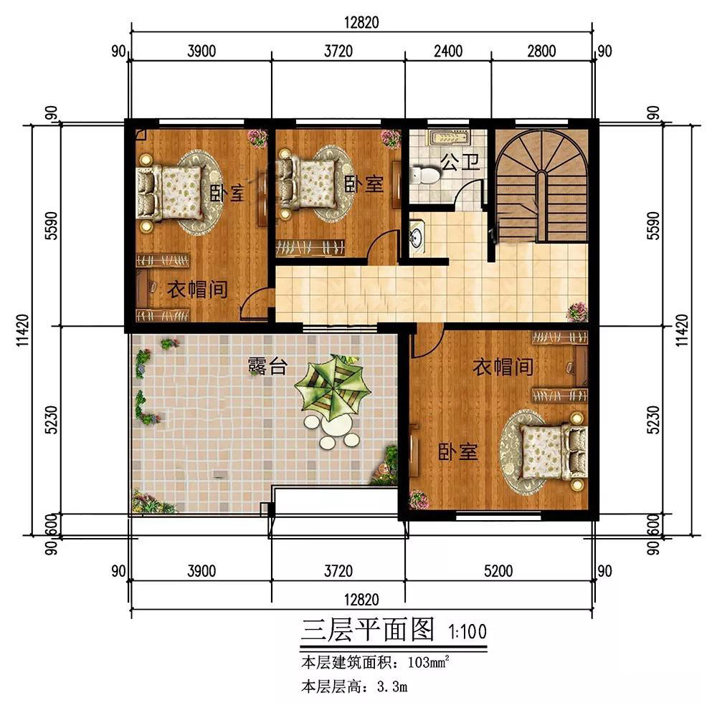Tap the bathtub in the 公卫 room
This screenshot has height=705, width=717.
click(449, 137)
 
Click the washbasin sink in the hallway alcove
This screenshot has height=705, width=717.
click(417, 236)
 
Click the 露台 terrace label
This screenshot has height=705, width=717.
click(268, 366)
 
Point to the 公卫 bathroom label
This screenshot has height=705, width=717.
click(460, 162)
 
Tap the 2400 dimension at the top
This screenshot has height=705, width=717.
click(448, 51)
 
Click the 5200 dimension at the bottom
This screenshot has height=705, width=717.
click(498, 571)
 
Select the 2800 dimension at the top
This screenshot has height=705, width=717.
click(541, 51)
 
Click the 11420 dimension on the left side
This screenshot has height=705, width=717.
click(22, 330)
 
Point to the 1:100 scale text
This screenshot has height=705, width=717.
click(467, 632)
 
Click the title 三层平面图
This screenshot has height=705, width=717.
click(367, 630)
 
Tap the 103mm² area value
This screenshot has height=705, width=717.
click(429, 661)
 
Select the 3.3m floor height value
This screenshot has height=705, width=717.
click(392, 686)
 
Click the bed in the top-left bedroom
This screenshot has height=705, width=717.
click(170, 192)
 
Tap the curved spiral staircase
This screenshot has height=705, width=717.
click(541, 186)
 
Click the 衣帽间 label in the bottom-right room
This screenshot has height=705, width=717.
click(503, 366)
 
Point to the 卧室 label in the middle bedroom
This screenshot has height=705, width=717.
click(364, 184)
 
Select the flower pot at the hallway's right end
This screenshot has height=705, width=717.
click(577, 312)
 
